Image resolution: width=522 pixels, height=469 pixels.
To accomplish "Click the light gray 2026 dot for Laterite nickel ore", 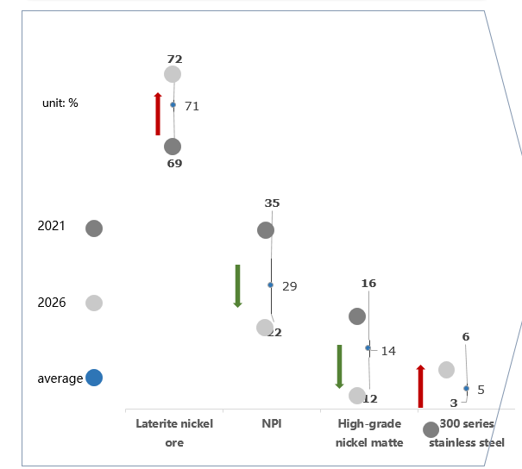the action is coord(173,74).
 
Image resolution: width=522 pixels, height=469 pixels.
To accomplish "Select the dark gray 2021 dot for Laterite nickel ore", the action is coord(173,147).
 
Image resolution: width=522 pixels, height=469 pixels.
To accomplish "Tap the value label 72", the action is coord(175,59).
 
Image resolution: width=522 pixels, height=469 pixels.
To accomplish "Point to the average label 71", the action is coord(192,106).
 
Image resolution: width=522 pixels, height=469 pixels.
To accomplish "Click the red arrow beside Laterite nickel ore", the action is coord(158,114).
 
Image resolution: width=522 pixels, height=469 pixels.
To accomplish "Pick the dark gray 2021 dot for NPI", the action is coord(266,230).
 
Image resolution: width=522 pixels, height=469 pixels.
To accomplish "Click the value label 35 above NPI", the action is coord(272,203).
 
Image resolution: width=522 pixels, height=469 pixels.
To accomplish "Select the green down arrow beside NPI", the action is coord(237,286).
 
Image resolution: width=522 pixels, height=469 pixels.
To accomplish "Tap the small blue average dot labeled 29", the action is coord(270,285).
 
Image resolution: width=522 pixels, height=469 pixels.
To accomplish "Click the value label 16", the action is coord(369,284).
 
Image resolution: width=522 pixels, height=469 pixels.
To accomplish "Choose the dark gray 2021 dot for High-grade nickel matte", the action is coord(357,316).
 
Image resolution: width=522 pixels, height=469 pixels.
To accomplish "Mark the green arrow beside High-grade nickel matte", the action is coord(339,366).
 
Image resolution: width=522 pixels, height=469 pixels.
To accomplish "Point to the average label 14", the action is coord(388,351).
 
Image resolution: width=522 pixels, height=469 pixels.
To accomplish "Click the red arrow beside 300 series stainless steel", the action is coord(420,386).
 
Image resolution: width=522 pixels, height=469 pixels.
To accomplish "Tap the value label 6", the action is coord(466,337).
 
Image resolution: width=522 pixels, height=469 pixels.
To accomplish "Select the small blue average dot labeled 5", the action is coord(466,388).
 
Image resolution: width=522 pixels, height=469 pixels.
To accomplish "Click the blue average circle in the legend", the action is coord(94,378).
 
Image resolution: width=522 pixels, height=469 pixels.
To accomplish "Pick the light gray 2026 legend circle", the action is coord(94,303).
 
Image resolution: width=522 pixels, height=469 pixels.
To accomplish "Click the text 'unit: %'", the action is coord(60,103).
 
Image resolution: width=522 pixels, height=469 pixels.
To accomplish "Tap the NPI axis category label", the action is coord(272,424).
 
